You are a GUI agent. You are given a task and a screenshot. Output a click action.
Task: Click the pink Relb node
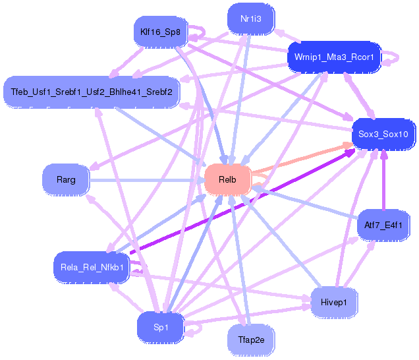click(x=228, y=180)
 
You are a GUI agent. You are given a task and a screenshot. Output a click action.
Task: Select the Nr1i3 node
click(x=251, y=19)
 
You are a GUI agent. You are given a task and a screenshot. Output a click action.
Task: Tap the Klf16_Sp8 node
click(x=160, y=32)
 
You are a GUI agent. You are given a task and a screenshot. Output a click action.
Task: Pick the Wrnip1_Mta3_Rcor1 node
click(x=334, y=57)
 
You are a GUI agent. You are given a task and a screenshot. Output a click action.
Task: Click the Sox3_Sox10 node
click(x=383, y=134)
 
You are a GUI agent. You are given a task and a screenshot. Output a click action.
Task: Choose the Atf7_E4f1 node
click(x=383, y=225)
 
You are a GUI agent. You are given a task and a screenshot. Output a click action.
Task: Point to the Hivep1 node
click(x=334, y=303)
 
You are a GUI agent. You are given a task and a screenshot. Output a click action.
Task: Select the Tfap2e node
click(x=251, y=340)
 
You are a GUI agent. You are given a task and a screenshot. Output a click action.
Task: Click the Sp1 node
click(x=161, y=327)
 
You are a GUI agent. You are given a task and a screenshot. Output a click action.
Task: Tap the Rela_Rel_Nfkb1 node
click(x=92, y=267)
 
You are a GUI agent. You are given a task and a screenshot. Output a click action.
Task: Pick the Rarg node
click(x=66, y=180)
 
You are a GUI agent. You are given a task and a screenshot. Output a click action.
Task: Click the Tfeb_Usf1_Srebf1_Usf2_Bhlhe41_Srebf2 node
click(x=92, y=92)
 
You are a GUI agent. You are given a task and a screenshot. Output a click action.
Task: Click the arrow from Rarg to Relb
click(x=147, y=180)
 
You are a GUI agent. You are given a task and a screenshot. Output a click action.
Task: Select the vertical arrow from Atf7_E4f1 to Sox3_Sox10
click(x=383, y=180)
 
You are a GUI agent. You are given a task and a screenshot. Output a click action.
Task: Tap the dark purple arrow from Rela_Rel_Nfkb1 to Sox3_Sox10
click(x=242, y=201)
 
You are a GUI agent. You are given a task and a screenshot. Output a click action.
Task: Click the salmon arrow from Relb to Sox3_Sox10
click(x=302, y=158)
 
